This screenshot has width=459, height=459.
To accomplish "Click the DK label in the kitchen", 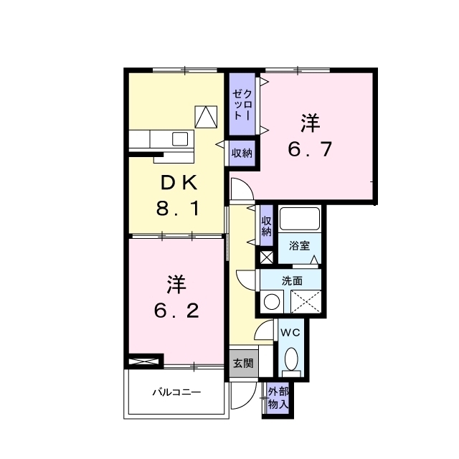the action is (179, 184).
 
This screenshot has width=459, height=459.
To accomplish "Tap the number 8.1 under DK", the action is (178, 209).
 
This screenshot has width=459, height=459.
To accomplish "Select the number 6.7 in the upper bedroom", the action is (310, 148).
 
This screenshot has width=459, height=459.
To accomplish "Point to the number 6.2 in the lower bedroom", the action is (177, 311).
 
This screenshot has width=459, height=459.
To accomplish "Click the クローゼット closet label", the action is (242, 104).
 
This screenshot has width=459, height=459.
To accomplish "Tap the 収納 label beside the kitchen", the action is (242, 153).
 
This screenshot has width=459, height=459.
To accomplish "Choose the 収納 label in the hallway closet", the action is (266, 226).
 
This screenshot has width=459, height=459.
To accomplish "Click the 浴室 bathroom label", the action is (299, 245).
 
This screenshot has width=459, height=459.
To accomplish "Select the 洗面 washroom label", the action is (292, 280).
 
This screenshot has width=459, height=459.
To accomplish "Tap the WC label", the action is (290, 333).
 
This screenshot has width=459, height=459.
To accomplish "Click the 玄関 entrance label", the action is (243, 364).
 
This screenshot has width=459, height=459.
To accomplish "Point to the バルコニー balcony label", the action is (176, 392).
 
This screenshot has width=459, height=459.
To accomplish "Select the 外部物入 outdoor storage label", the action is (278, 398).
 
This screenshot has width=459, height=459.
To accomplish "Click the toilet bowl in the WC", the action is (291, 359).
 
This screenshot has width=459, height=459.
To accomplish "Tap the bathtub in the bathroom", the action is (300, 219).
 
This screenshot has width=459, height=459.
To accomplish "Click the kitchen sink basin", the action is (180, 138).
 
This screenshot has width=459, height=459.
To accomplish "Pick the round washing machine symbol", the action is (272, 301).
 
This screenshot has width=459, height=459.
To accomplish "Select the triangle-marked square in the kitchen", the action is (206, 117).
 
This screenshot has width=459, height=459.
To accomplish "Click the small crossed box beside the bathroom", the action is (267, 257).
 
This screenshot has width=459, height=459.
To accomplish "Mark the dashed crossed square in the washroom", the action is (306, 301).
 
